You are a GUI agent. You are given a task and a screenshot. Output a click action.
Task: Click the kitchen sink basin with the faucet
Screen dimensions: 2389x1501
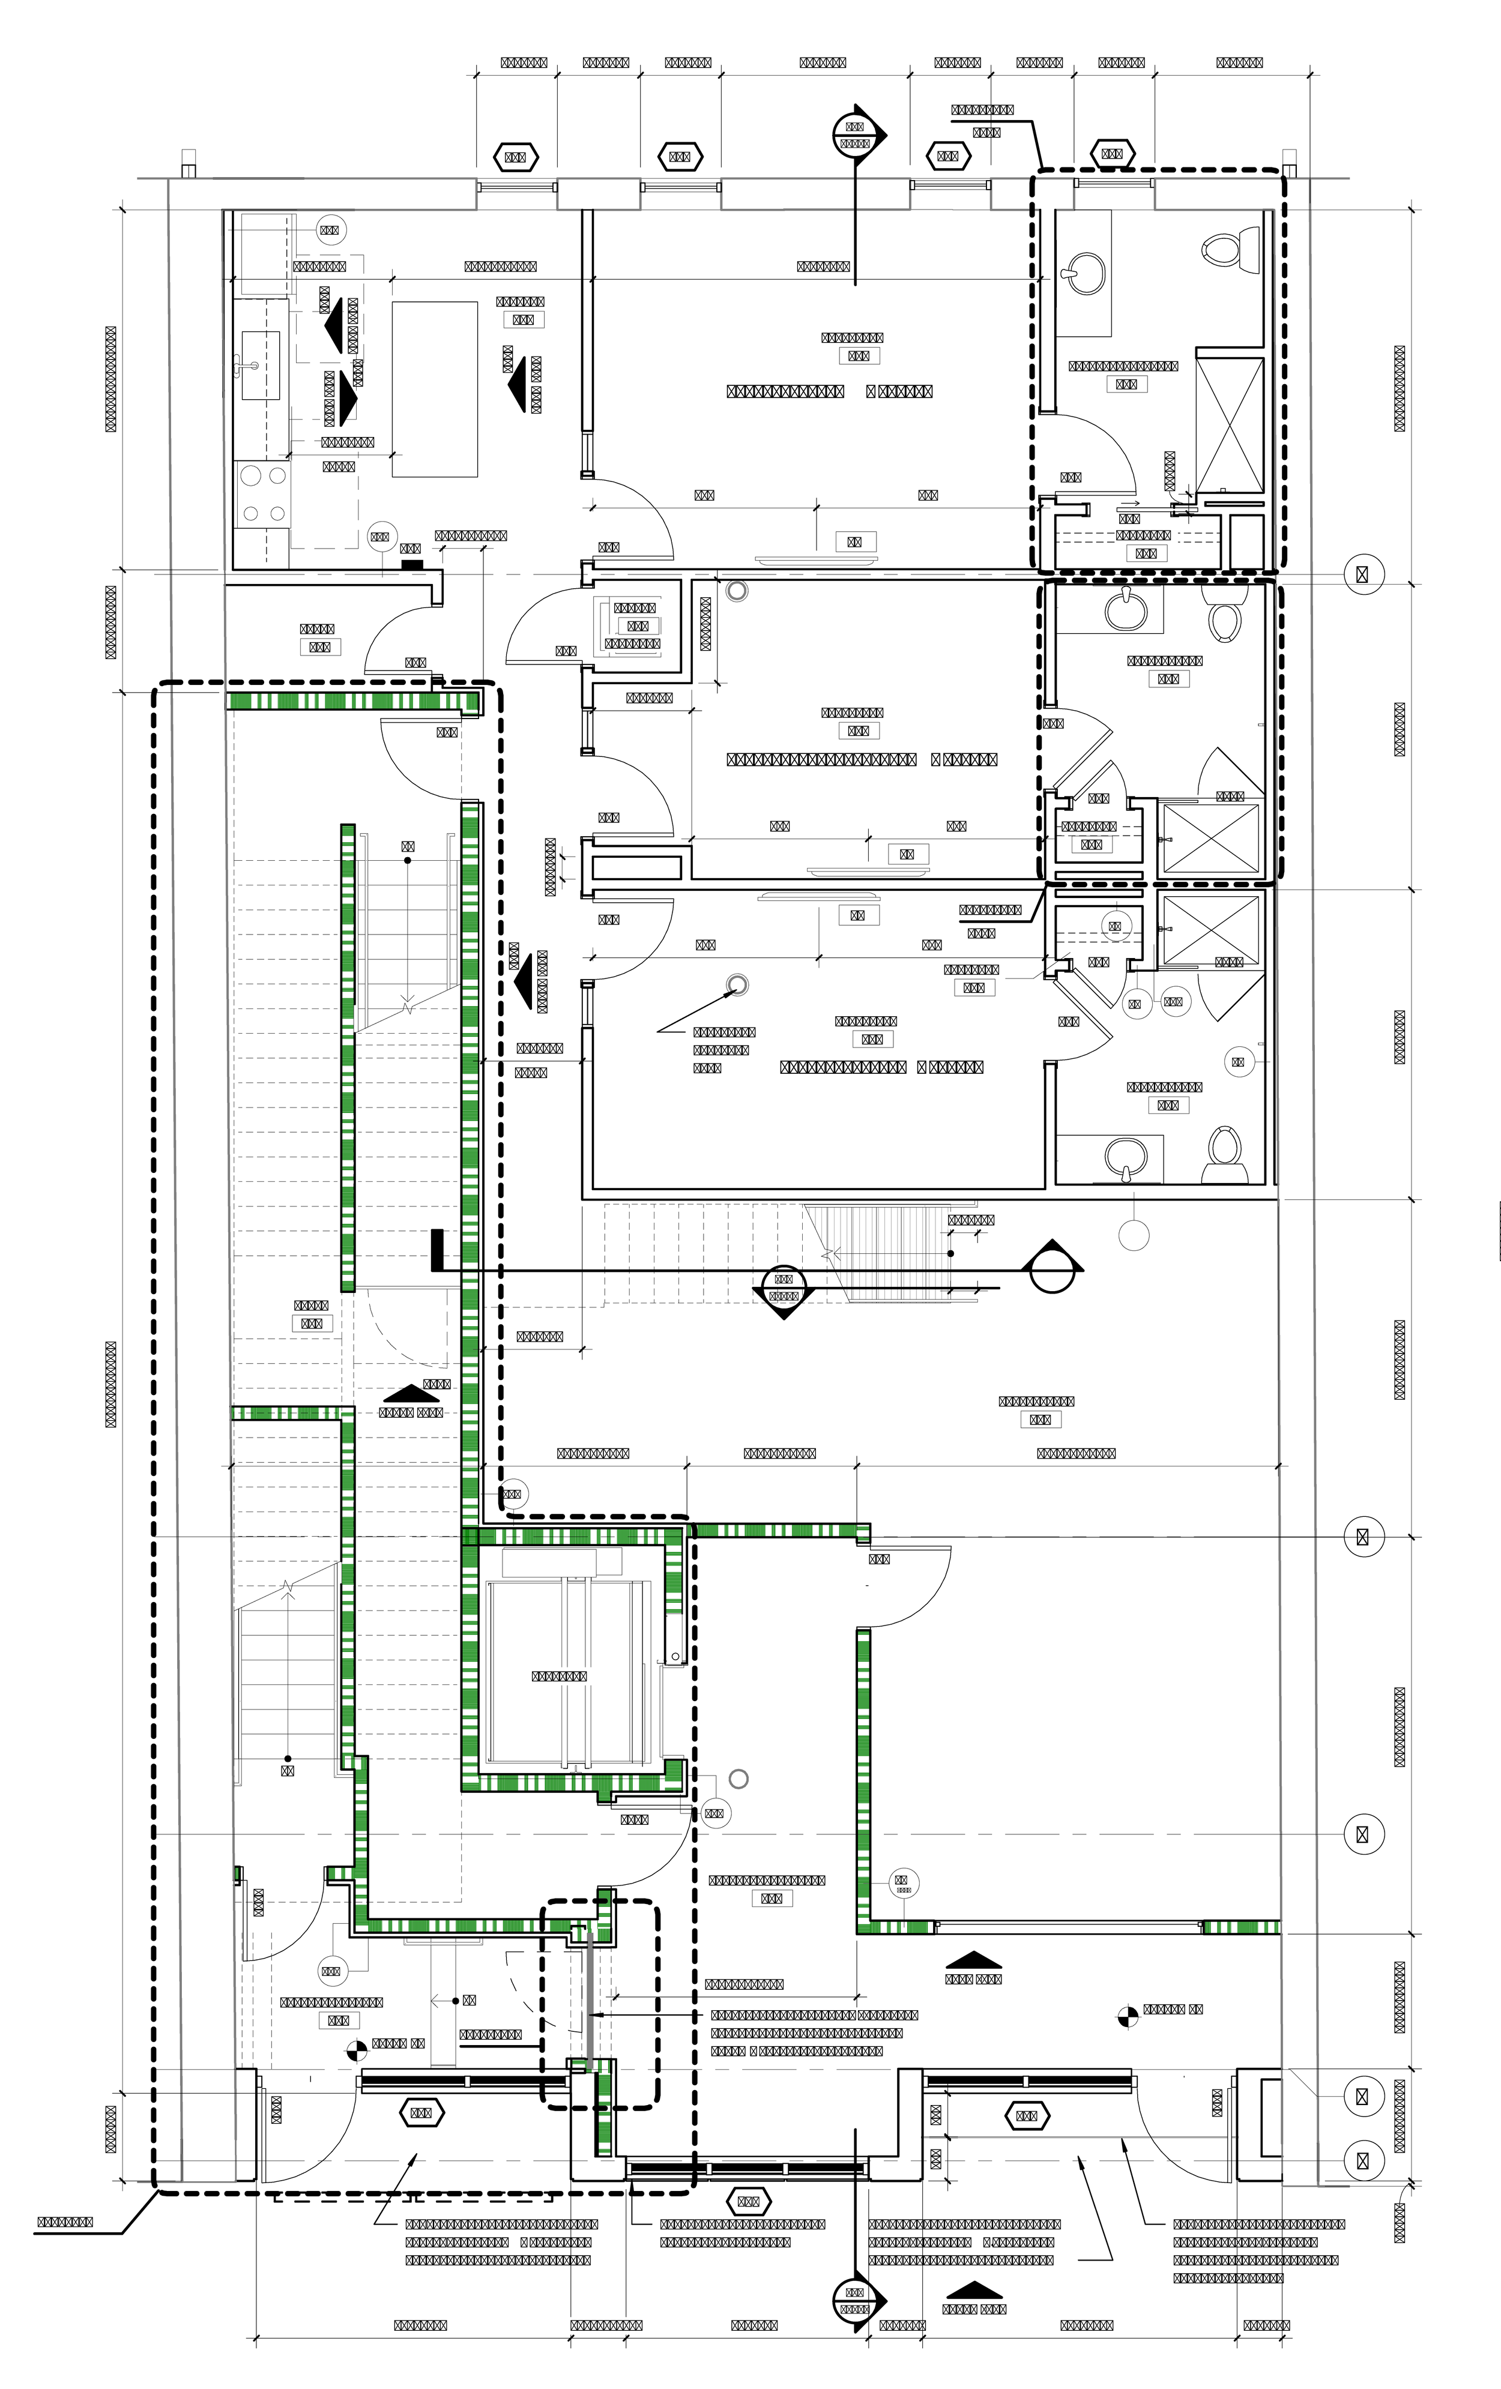coord(257,365)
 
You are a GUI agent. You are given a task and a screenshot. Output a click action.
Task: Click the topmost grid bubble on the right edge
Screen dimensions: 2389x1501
coord(1363,573)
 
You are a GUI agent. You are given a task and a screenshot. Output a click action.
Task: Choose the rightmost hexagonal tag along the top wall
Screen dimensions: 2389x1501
coord(1111,153)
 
